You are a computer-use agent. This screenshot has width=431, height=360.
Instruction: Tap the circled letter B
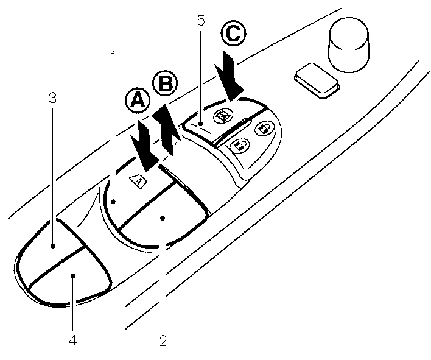tap(164, 84)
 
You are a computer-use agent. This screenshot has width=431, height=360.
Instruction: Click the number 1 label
tap(112, 57)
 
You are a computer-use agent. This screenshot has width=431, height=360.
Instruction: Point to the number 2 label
tap(163, 339)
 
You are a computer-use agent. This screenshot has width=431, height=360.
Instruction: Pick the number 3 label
tap(53, 97)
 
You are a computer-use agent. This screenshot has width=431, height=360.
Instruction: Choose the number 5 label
tap(200, 21)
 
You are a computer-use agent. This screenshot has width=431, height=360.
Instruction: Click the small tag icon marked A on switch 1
tap(138, 180)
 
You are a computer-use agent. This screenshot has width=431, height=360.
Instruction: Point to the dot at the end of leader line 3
tap(54, 246)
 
